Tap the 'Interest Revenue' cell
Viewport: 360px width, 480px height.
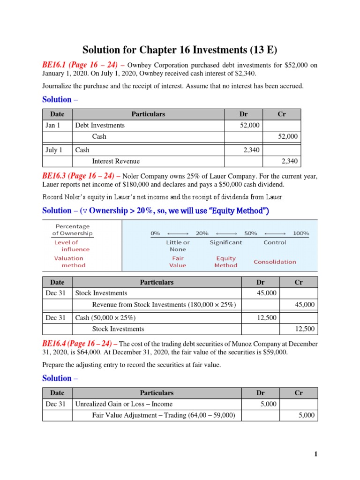tap(116, 161)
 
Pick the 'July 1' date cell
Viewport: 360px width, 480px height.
tap(54, 150)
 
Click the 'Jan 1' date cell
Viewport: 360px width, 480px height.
tap(53, 125)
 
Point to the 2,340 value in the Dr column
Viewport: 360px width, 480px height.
tap(251, 150)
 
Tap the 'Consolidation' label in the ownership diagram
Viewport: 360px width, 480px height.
tap(275, 262)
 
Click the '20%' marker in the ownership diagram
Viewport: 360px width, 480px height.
tap(202, 233)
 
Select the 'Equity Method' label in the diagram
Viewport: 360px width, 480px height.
tap(226, 262)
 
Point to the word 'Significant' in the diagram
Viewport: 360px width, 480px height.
tap(226, 242)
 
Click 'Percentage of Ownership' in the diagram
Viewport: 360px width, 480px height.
tap(72, 229)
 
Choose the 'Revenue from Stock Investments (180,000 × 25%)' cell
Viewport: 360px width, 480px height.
tap(164, 305)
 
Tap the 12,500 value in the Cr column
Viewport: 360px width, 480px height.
tap(305, 329)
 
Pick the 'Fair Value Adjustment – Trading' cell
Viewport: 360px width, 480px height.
tap(164, 415)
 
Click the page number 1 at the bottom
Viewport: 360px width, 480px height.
tap(316, 454)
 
